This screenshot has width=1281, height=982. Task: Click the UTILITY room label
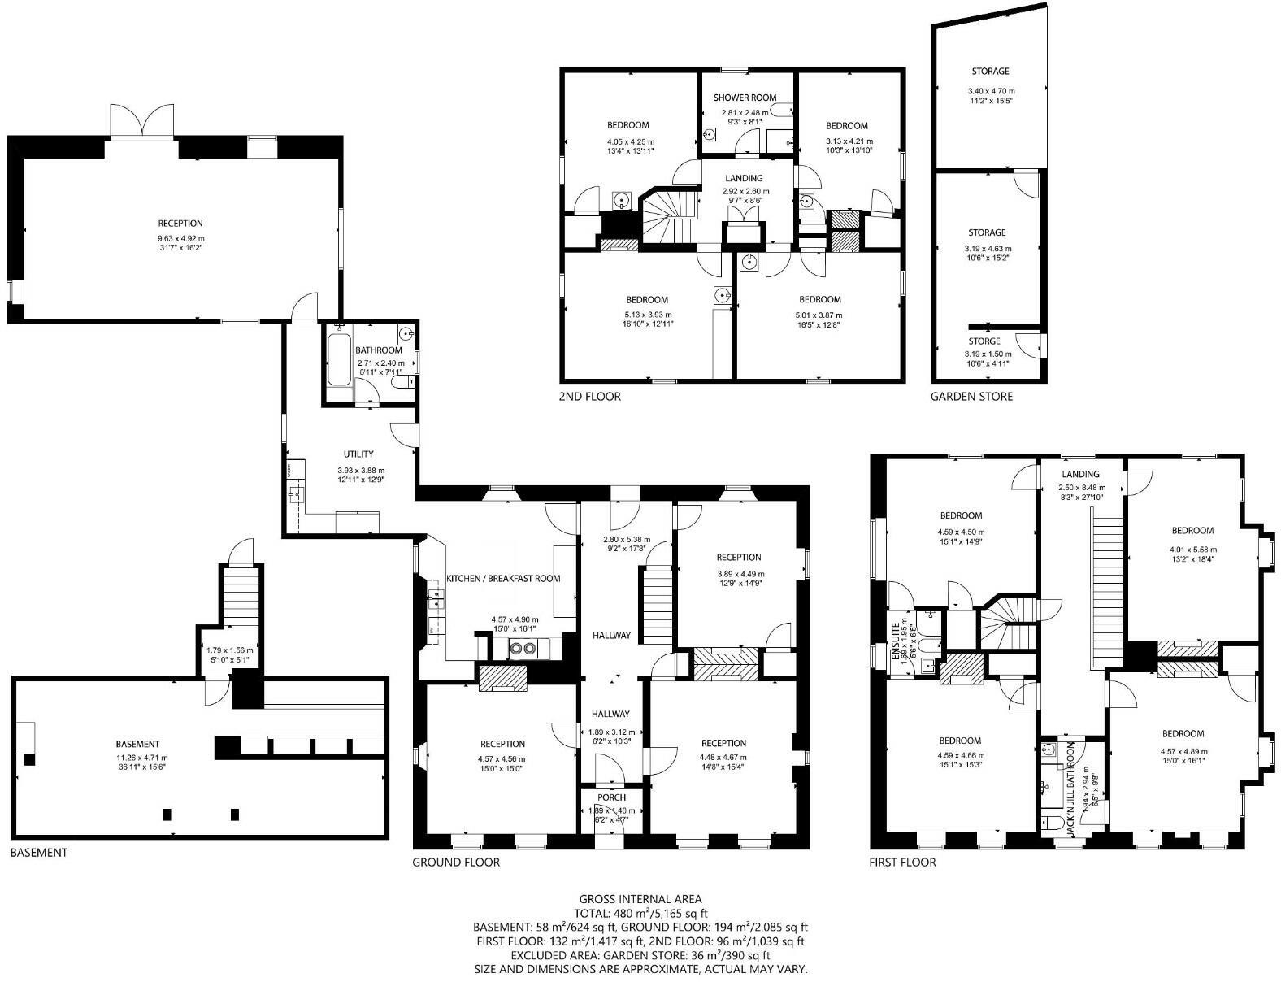click(358, 454)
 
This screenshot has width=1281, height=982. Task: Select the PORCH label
click(610, 797)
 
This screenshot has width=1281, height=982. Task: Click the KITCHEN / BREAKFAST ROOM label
click(503, 579)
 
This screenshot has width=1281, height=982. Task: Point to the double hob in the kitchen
click(520, 648)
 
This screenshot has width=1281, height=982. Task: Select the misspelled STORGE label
click(984, 341)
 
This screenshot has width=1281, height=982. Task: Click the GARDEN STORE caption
click(971, 397)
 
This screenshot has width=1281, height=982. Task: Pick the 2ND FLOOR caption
click(589, 397)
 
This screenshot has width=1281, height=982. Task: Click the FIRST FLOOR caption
click(902, 863)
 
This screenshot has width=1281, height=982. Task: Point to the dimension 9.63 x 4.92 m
click(180, 238)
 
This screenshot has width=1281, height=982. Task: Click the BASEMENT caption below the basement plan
click(38, 853)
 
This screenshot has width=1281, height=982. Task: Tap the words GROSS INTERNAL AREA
click(640, 899)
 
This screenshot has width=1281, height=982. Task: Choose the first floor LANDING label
click(1080, 474)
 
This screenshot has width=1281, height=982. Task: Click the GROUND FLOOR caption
click(455, 863)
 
